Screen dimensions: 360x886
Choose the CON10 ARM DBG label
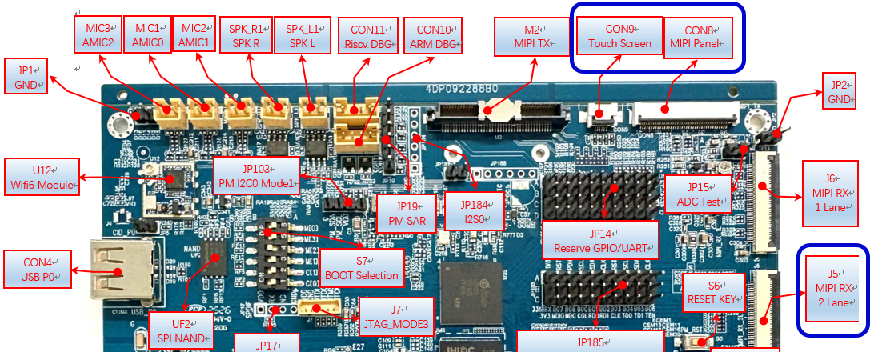(432, 36)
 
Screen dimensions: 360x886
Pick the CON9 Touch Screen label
(619, 37)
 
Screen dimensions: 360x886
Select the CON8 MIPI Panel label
(698, 37)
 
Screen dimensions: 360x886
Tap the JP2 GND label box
(839, 90)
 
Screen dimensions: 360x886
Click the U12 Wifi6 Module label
(42, 177)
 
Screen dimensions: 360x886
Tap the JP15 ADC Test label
(698, 194)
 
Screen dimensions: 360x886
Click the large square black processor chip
(472, 292)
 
